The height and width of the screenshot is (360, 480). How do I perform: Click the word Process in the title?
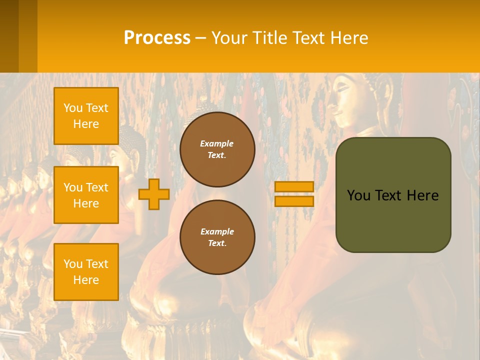coord(157,38)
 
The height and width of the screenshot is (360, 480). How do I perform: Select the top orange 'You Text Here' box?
coord(86,116)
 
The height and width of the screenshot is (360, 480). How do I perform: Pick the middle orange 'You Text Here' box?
coord(86,195)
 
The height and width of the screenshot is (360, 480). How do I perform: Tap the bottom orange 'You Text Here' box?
coord(86,271)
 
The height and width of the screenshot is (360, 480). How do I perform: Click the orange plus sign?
coord(154,194)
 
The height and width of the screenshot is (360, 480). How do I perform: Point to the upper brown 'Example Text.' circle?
coord(217,149)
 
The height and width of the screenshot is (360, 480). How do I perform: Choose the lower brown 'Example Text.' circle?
coord(217,237)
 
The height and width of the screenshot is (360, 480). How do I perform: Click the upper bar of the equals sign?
coord(294,186)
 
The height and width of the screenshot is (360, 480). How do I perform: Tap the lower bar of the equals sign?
coord(294,201)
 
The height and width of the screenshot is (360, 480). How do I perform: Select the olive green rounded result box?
coord(393,220)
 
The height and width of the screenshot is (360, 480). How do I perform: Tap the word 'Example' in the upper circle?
coord(217,143)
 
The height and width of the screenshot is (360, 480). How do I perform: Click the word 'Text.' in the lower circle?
coord(217,243)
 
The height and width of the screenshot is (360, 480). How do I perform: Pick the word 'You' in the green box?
coord(358,195)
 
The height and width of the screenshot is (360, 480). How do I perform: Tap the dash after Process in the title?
coord(201,38)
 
